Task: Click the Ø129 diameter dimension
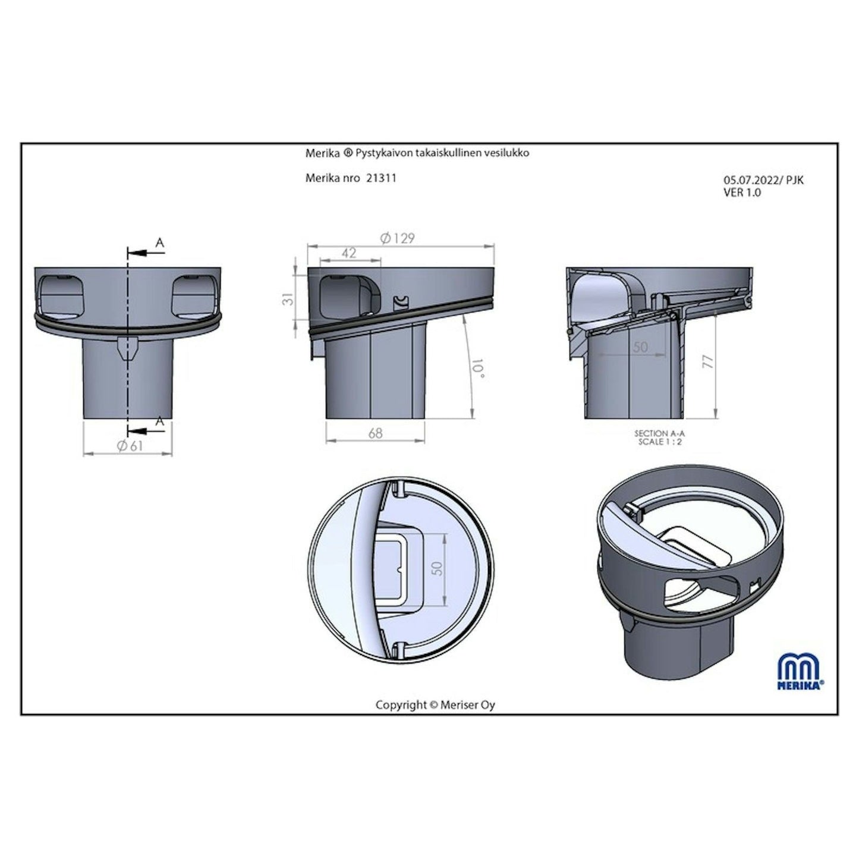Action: tap(397, 238)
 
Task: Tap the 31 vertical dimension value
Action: tap(289, 298)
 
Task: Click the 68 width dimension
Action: tap(376, 433)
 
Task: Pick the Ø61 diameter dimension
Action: tap(130, 445)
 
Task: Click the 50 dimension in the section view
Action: tap(641, 347)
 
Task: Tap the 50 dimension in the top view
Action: tap(438, 568)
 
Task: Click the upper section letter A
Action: tap(159, 243)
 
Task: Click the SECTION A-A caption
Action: tap(659, 433)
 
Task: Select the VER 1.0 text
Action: tap(742, 193)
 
